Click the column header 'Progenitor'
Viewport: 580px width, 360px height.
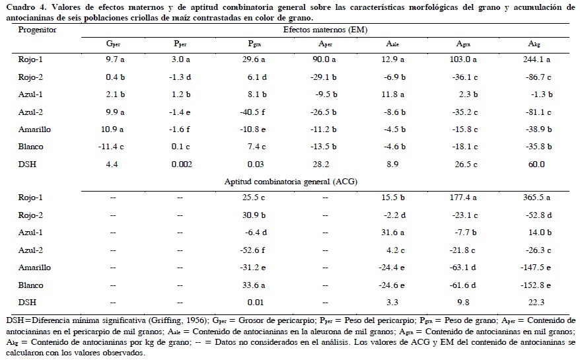point(37,30)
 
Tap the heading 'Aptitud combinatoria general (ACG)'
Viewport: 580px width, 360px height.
point(323,181)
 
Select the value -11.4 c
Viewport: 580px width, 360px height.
point(114,147)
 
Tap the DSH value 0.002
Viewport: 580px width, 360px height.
point(182,164)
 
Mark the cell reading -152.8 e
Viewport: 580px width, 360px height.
point(534,285)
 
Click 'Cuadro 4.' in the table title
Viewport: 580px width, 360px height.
point(24,7)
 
